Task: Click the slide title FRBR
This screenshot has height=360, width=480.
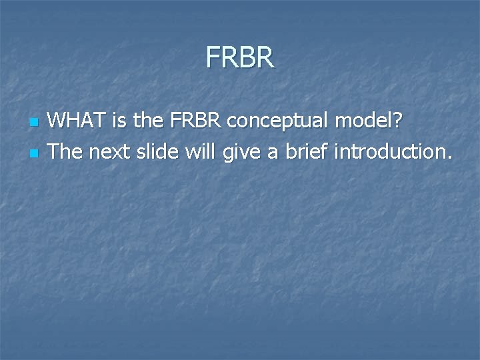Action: (240, 57)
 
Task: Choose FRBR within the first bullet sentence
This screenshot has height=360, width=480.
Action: (196, 121)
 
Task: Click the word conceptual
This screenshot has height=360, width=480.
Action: (279, 122)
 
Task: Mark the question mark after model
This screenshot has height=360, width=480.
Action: (398, 121)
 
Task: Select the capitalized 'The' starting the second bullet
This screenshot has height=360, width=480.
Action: (65, 151)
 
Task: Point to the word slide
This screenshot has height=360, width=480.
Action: (157, 151)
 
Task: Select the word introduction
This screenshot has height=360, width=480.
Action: (389, 151)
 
